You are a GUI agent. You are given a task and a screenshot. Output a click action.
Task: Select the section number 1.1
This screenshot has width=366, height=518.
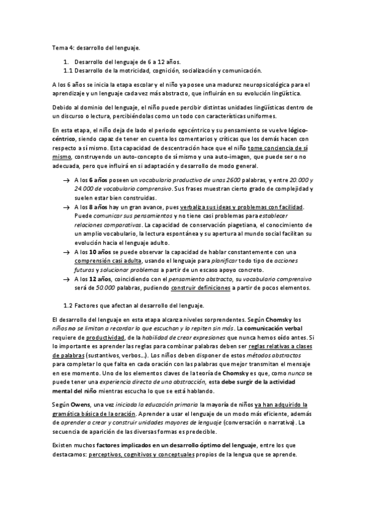pos(69,70)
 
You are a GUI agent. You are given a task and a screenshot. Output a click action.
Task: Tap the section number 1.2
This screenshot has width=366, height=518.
pos(69,305)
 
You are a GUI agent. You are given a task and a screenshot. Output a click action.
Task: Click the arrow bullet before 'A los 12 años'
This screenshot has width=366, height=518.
pos(65,279)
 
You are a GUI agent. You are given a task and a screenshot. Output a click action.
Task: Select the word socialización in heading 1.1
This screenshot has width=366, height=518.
pos(184,70)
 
